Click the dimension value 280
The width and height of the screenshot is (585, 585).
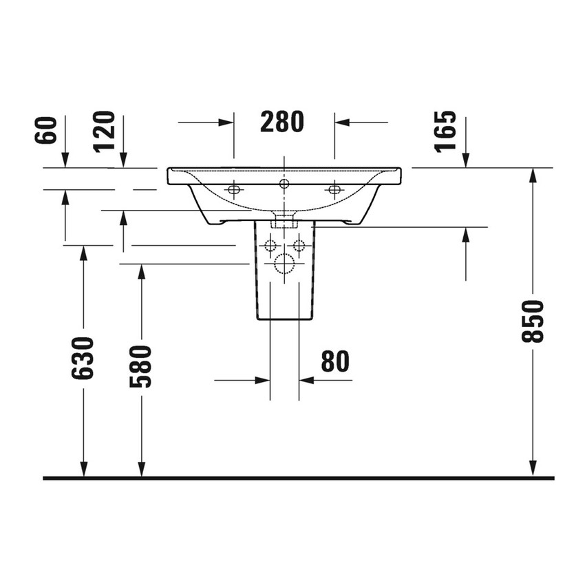click(282, 122)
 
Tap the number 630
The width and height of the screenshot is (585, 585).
click(83, 358)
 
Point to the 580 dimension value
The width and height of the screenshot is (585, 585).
click(141, 366)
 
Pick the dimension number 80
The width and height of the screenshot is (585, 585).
click(334, 361)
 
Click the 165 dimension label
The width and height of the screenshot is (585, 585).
click(446, 131)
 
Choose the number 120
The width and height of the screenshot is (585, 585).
click(105, 131)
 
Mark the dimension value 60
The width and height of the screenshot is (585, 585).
click(46, 131)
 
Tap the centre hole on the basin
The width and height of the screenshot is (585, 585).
click(284, 184)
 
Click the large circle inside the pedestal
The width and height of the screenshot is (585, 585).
click(284, 262)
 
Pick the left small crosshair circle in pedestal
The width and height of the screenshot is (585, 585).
click(270, 245)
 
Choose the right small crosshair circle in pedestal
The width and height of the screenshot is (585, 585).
click(299, 245)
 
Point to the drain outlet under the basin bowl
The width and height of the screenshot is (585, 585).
click(284, 221)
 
